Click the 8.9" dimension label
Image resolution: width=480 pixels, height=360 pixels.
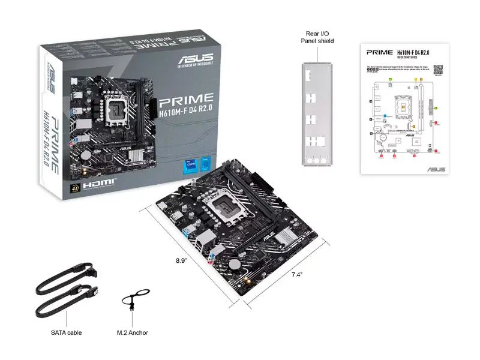click(181, 261)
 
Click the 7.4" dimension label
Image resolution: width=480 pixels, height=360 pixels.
click(296, 275)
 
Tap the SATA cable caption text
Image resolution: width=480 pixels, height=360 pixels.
click(67, 332)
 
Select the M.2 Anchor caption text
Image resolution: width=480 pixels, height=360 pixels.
click(132, 332)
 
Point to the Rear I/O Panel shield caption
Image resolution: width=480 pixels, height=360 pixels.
click(317, 37)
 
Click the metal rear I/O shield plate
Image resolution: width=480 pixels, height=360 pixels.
click(317, 114)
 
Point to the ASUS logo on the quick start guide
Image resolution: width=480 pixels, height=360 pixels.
click(436, 169)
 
